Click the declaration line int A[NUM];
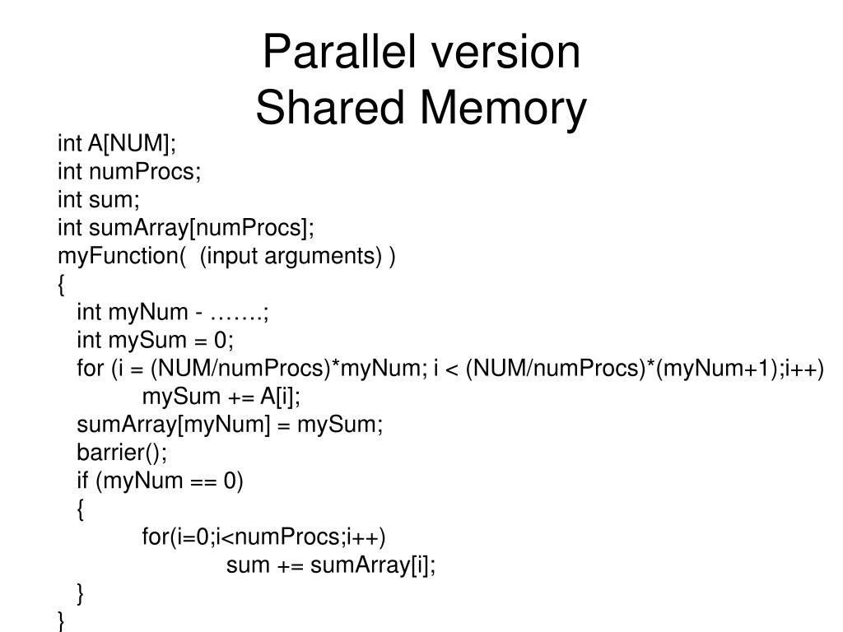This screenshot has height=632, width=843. click(x=117, y=144)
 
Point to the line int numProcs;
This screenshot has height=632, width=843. click(x=129, y=172)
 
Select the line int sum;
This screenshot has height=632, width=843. click(x=100, y=200)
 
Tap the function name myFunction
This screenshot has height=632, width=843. click(x=117, y=256)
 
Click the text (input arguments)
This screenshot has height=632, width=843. click(x=291, y=256)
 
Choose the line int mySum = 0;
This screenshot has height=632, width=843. click(x=156, y=341)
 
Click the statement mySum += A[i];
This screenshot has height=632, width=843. click(x=221, y=397)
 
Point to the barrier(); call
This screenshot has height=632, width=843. click(x=122, y=453)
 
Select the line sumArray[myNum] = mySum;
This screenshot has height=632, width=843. click(x=230, y=425)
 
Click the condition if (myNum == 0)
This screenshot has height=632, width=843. click(x=161, y=481)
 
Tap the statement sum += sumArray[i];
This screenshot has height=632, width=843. click(x=331, y=565)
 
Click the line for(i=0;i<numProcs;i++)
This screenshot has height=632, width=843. click(x=263, y=537)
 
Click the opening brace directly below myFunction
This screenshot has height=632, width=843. click(x=62, y=285)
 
